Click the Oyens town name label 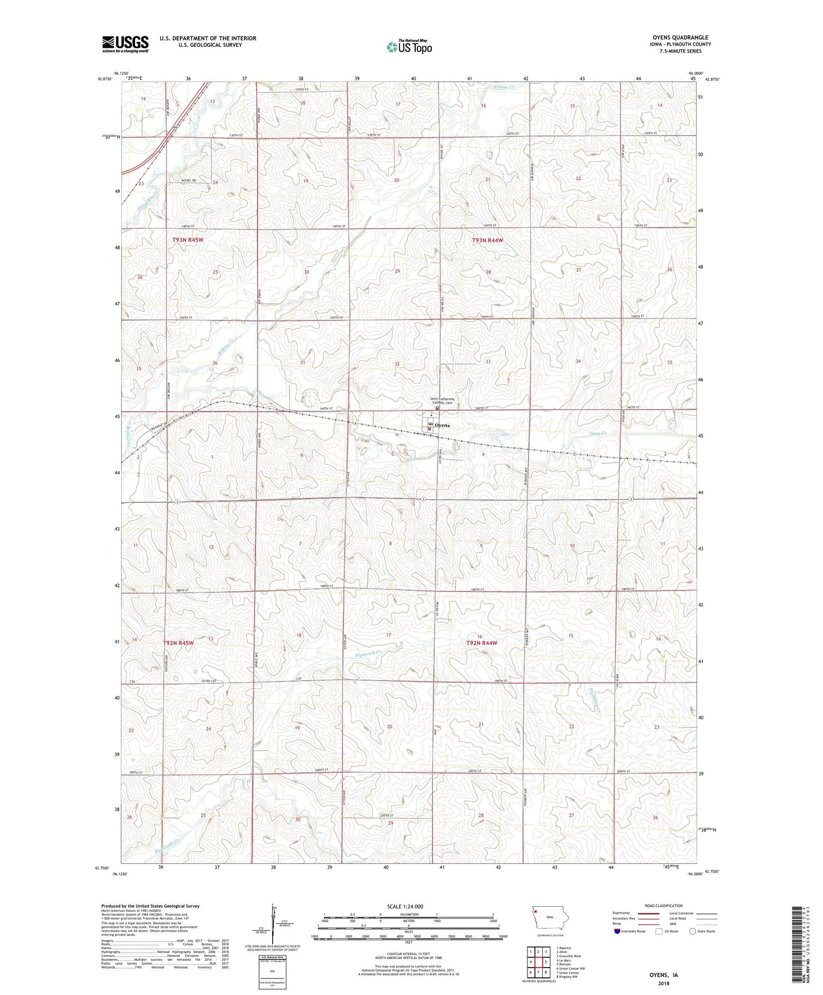(x=442, y=426)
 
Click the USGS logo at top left (x=125, y=44)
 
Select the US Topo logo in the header (x=409, y=47)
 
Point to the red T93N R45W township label (x=187, y=240)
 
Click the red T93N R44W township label (x=488, y=240)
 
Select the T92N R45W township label (x=178, y=643)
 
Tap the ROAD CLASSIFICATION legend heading (x=664, y=906)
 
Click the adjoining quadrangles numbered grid (x=538, y=962)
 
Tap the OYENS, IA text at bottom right (x=664, y=975)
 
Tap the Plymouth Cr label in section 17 (x=367, y=654)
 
